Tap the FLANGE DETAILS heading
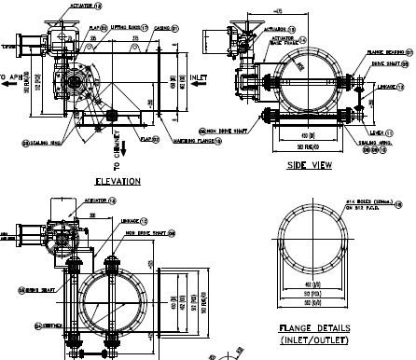316,327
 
